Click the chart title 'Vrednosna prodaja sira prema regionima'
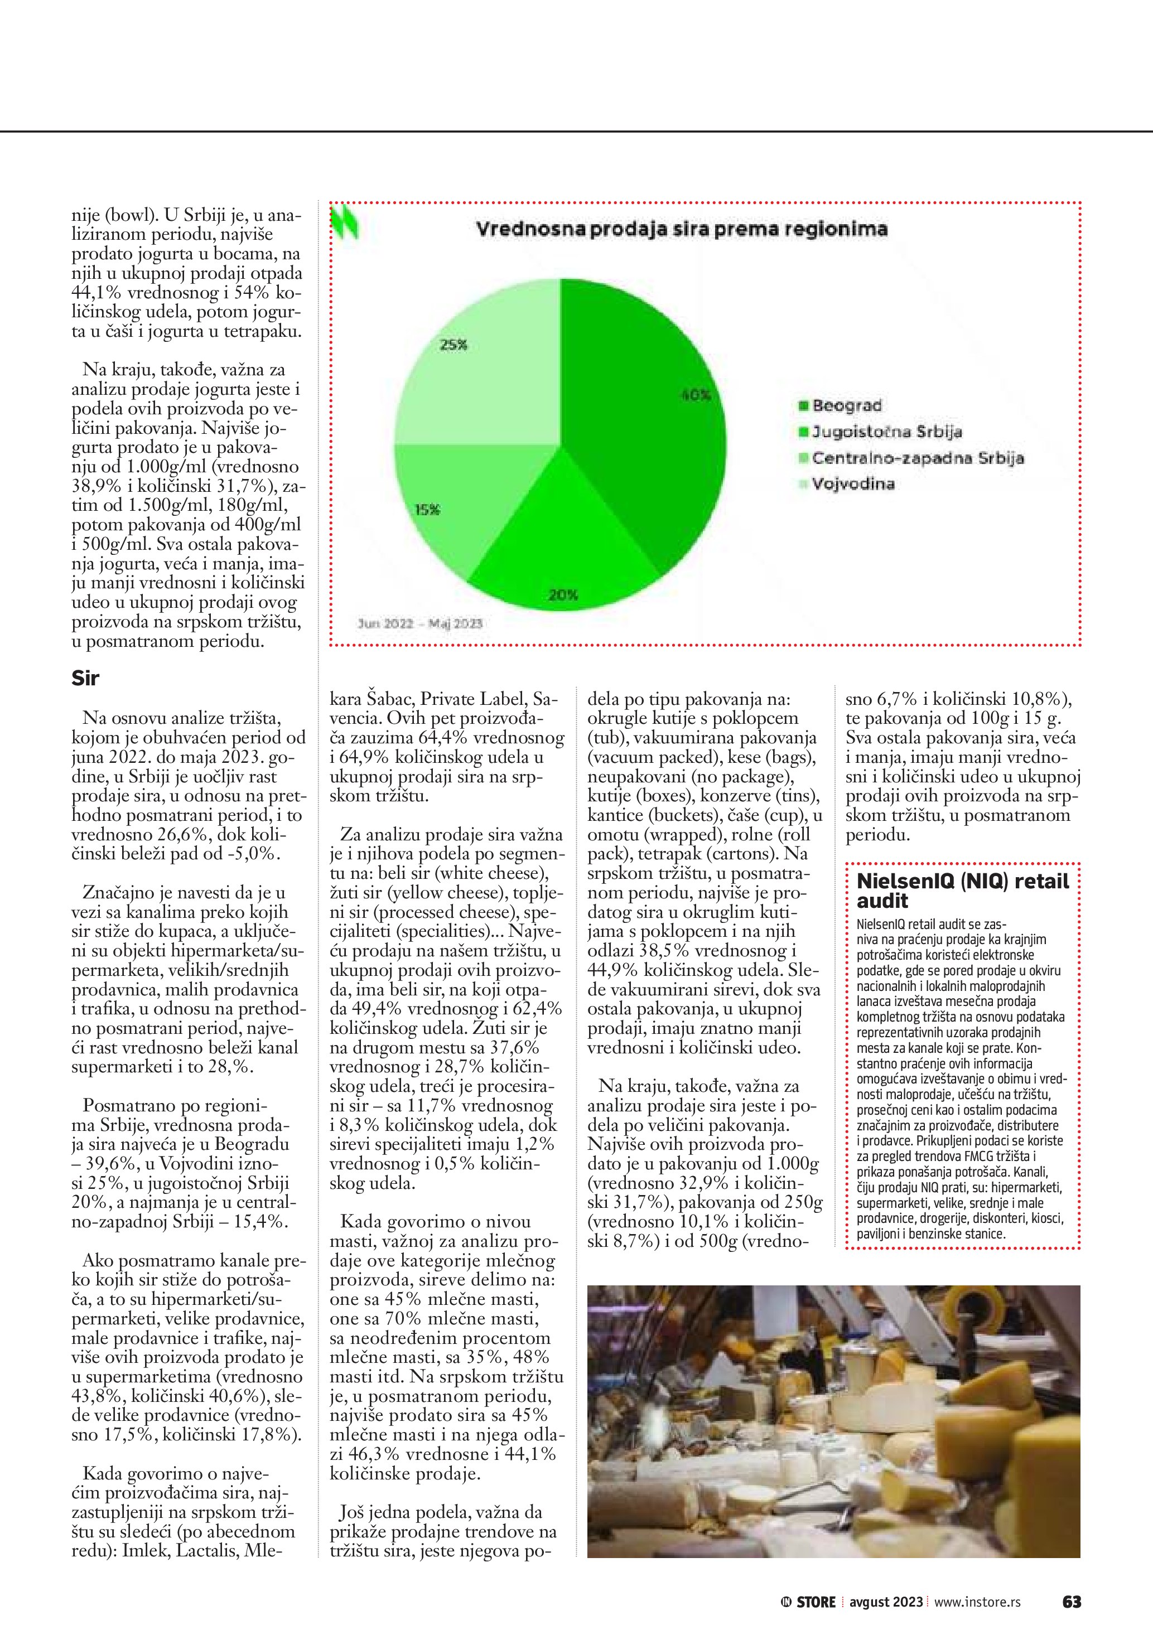(x=681, y=229)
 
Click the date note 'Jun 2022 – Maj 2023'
(x=420, y=623)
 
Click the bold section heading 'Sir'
(x=85, y=679)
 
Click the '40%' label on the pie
(x=696, y=395)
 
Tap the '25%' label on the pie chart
(x=454, y=345)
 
